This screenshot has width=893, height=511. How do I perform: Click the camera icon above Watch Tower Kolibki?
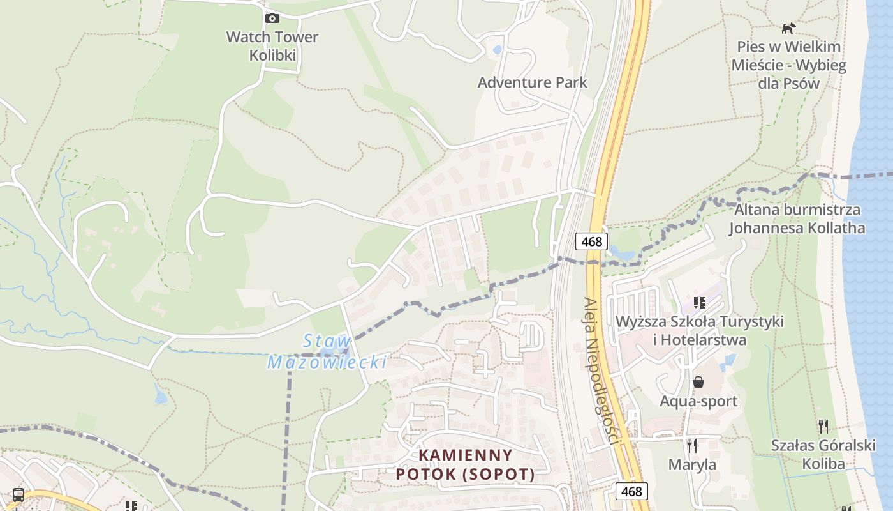[x=272, y=18]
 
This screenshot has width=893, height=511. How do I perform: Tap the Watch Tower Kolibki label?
[x=272, y=46]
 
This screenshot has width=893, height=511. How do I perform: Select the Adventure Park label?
[x=532, y=82]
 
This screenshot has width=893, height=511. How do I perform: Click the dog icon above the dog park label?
[x=789, y=28]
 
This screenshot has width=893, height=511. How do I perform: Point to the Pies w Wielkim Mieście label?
[x=788, y=65]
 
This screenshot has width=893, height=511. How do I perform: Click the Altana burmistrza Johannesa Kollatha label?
[x=797, y=219]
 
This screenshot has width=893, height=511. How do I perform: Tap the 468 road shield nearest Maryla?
[x=631, y=491]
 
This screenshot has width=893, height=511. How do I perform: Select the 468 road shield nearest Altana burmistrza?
[x=591, y=241]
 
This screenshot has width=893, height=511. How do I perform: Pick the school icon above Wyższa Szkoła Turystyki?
[x=700, y=302]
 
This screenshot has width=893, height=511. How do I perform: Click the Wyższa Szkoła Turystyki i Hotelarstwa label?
[x=699, y=330]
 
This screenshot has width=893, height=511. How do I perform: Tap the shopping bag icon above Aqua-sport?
[x=698, y=382]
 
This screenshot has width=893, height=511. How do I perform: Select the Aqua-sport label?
[x=698, y=401]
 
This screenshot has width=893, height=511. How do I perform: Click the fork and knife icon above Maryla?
[x=692, y=445]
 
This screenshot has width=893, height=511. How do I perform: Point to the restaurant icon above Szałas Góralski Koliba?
[x=823, y=426]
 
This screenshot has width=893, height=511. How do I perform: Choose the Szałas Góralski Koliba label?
[x=823, y=454]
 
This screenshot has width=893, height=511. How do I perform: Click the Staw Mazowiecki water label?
[x=327, y=352]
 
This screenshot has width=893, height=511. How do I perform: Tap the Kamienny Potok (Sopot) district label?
[x=465, y=464]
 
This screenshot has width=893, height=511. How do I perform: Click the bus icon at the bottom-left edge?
[x=18, y=495]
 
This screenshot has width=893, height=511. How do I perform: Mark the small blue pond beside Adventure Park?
[x=498, y=49]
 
